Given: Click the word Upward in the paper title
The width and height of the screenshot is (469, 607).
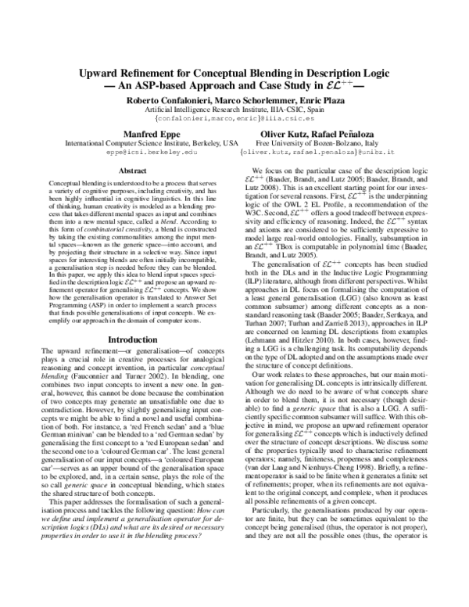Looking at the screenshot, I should (x=102, y=71).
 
